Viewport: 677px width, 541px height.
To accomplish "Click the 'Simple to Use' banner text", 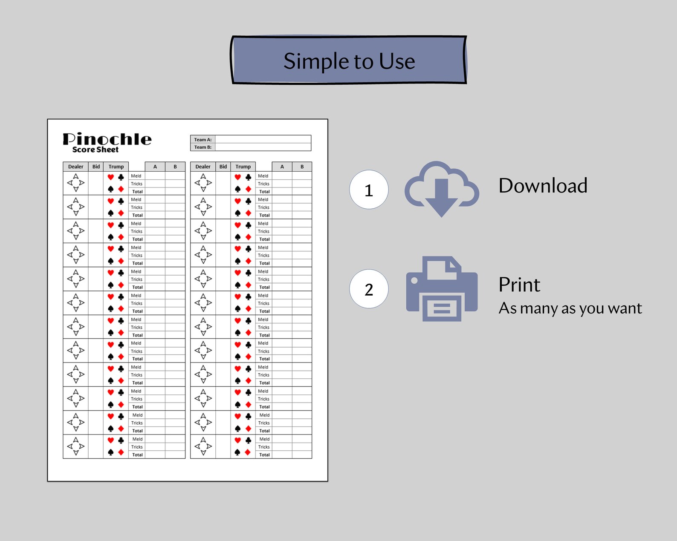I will coord(349,61).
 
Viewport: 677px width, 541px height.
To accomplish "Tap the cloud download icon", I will coord(442,188).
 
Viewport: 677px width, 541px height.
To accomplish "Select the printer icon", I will coord(442,289).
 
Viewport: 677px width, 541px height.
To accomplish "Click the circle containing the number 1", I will coord(369,190).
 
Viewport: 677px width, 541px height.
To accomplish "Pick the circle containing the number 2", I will coord(369,289).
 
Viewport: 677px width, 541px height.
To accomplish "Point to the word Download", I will coord(543,186).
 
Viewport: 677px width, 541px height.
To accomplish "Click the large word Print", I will coord(519,285).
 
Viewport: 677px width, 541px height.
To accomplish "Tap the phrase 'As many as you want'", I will coord(570,308).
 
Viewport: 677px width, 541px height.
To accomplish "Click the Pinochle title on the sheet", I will coord(107,139).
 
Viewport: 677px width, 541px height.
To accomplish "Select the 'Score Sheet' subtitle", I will coord(95,150).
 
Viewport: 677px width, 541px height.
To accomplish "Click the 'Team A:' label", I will coord(203,140).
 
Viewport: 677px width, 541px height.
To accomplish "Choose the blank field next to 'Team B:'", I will coord(263,147).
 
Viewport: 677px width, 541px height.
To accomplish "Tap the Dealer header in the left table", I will coord(75,167).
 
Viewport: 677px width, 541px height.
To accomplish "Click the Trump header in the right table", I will coord(243,167).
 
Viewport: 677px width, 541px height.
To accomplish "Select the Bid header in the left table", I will coord(96,167).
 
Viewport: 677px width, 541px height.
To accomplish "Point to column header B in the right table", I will coord(302,167).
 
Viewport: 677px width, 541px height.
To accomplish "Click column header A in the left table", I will coord(155,167).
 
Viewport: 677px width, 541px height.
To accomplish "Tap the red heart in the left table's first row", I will coord(110,177).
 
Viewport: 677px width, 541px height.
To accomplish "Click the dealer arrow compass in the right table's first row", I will coord(203,183).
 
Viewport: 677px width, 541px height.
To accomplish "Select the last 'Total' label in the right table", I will coord(264,455).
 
